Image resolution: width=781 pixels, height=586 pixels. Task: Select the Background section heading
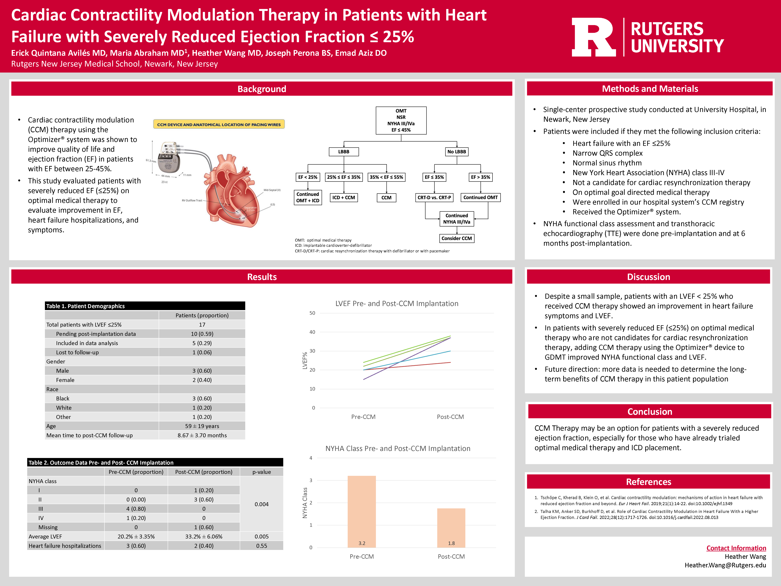click(262, 89)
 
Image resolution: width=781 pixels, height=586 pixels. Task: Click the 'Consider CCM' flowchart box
click(456, 238)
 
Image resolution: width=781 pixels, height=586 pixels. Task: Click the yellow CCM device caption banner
click(219, 124)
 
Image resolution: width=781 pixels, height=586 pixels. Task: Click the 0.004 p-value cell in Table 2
click(262, 504)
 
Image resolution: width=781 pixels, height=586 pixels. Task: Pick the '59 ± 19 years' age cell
click(202, 426)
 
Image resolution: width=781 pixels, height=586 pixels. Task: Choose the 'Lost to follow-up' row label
click(77, 352)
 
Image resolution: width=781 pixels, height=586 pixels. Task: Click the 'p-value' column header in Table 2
click(262, 472)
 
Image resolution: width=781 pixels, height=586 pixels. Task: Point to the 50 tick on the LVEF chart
click(312, 313)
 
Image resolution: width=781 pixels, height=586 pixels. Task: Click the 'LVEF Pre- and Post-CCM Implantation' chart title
click(397, 303)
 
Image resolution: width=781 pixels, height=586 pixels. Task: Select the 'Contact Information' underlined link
click(736, 548)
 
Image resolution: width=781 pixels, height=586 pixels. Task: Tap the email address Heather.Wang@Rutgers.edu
click(725, 565)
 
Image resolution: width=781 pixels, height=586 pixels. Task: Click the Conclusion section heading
click(650, 412)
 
